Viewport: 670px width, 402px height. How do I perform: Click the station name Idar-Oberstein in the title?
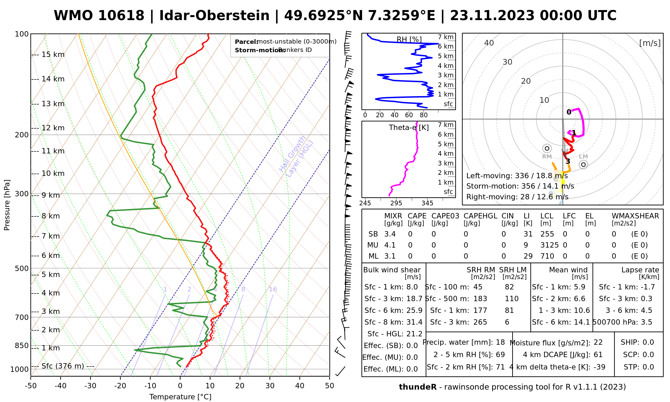(214, 16)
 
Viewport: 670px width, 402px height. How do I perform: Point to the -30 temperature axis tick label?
(90, 386)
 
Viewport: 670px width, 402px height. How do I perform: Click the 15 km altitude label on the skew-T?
(53, 55)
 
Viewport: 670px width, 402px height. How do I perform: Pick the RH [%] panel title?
(409, 40)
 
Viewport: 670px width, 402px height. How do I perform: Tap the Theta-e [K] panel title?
(409, 128)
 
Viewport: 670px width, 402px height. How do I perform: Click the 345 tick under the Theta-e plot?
(427, 203)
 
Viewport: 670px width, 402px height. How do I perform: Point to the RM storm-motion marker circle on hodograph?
(547, 148)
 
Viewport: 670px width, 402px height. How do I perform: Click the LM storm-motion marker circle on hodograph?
(583, 164)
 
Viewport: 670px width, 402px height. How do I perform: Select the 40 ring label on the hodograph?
(489, 43)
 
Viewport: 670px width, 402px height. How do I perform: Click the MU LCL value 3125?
(549, 245)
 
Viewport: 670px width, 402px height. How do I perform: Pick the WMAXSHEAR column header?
(635, 216)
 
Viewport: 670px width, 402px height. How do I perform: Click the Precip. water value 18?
(500, 342)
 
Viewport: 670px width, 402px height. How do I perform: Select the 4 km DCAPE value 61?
(598, 355)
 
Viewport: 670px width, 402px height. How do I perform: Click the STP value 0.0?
(648, 367)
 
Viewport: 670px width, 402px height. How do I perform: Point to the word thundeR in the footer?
(417, 387)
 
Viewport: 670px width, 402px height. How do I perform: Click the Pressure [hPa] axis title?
(7, 205)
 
